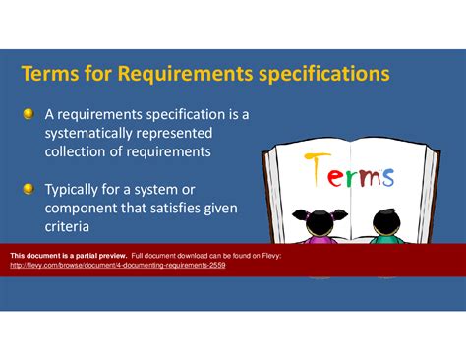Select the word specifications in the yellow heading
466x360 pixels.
pyautogui.click(x=323, y=75)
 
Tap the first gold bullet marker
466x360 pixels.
pyautogui.click(x=29, y=114)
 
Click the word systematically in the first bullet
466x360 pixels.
pyautogui.click(x=93, y=133)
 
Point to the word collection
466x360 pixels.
pyautogui.click(x=81, y=151)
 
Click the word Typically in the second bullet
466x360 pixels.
pyautogui.click(x=79, y=190)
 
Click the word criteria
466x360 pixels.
pyautogui.click(x=70, y=226)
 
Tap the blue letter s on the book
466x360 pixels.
pyautogui.click(x=387, y=177)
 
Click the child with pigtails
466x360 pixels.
pyautogui.click(x=320, y=225)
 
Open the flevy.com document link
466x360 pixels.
pyautogui.click(x=117, y=266)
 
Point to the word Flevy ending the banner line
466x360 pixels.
pyautogui.click(x=271, y=256)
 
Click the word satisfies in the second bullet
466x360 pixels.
pyautogui.click(x=181, y=209)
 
